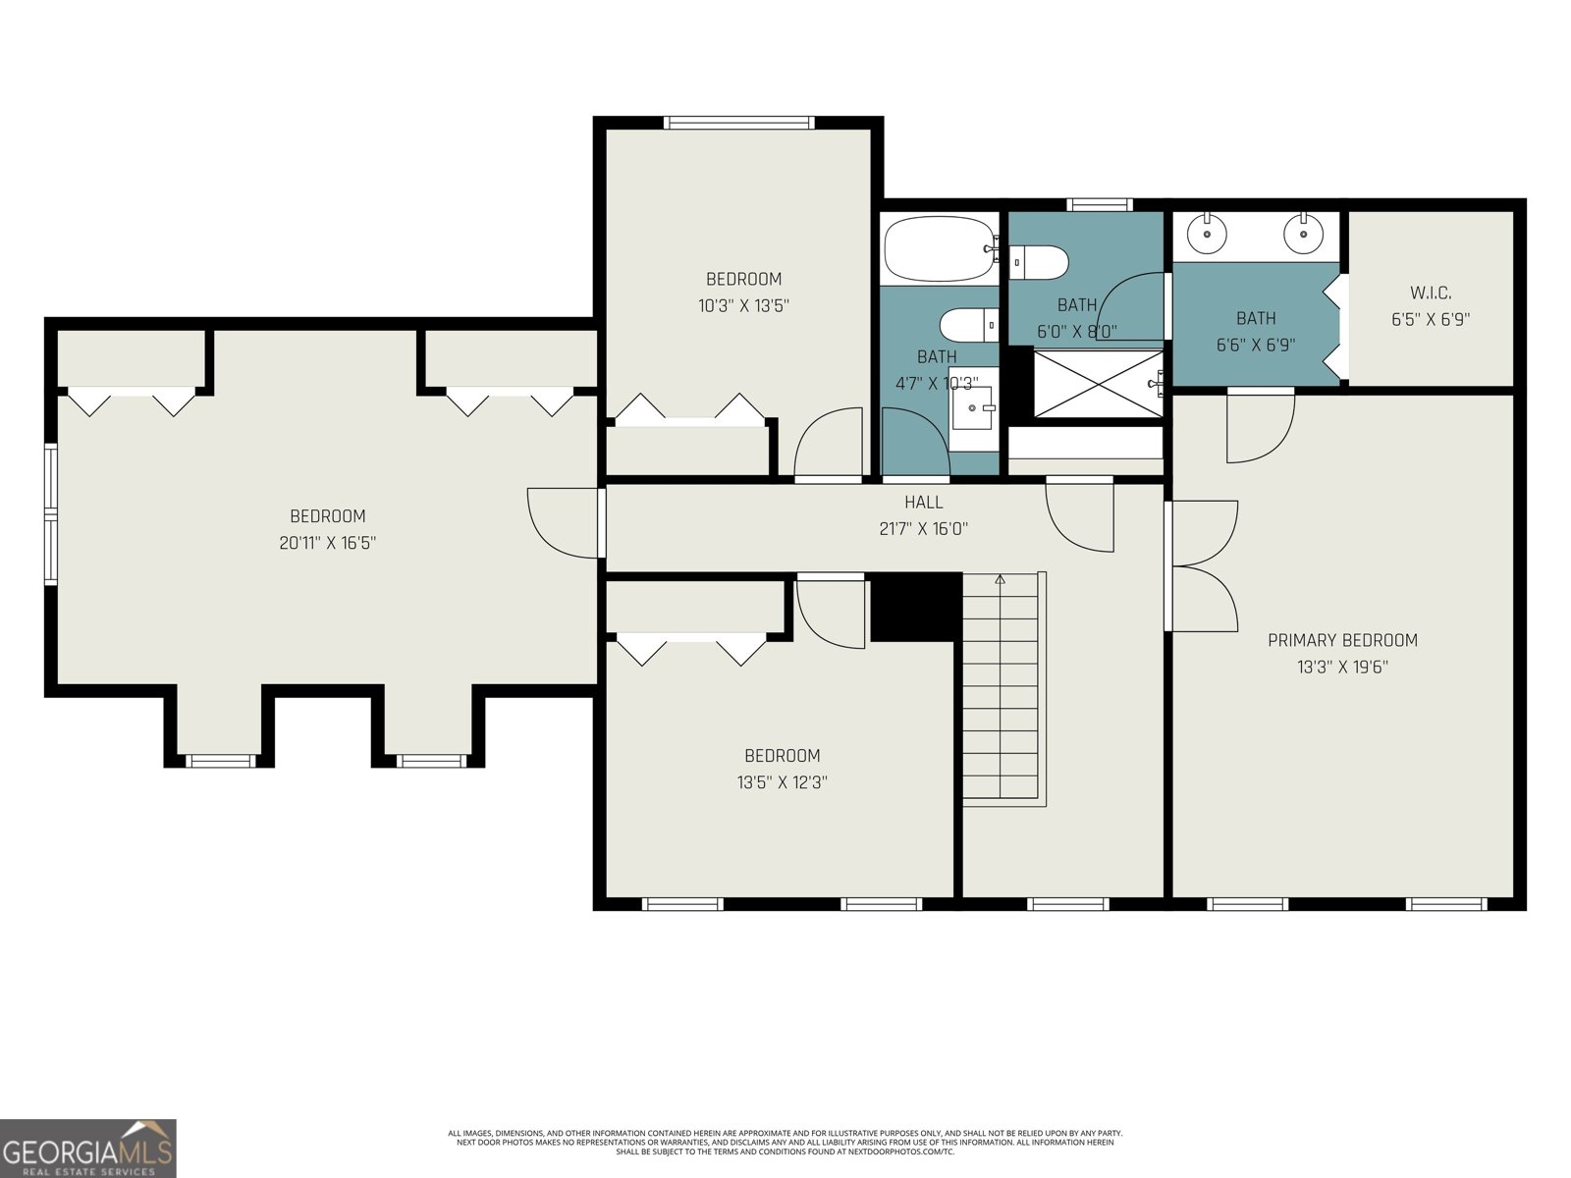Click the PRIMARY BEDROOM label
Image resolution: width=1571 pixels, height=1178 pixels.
[x=1342, y=640]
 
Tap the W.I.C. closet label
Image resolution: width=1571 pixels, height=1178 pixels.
[x=1431, y=293]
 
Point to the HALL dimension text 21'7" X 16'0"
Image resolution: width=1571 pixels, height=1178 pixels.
[x=923, y=528]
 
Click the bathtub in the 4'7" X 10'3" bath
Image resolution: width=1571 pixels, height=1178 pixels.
[x=939, y=249]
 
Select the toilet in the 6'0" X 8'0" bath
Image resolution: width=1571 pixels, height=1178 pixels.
[x=1041, y=261]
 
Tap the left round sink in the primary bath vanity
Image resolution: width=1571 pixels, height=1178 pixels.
[x=1206, y=234]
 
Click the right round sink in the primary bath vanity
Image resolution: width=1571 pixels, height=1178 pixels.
[x=1303, y=234]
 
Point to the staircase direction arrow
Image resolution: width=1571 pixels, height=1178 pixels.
[x=1001, y=580]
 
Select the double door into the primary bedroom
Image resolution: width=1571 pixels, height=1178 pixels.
[x=1203, y=566]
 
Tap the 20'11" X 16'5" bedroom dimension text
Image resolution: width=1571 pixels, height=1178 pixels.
[x=328, y=542]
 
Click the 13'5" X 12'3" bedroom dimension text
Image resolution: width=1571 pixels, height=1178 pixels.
[x=782, y=782]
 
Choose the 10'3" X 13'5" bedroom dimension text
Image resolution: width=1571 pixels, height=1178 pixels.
[x=743, y=305]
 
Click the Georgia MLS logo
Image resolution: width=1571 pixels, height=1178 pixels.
[x=88, y=1148]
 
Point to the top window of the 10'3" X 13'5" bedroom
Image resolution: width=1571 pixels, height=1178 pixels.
[x=738, y=123]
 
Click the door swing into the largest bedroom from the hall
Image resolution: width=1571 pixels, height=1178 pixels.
[x=562, y=522]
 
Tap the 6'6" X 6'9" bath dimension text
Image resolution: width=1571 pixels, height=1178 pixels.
[x=1256, y=345]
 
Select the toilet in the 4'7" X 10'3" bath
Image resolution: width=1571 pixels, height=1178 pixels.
[x=968, y=323]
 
